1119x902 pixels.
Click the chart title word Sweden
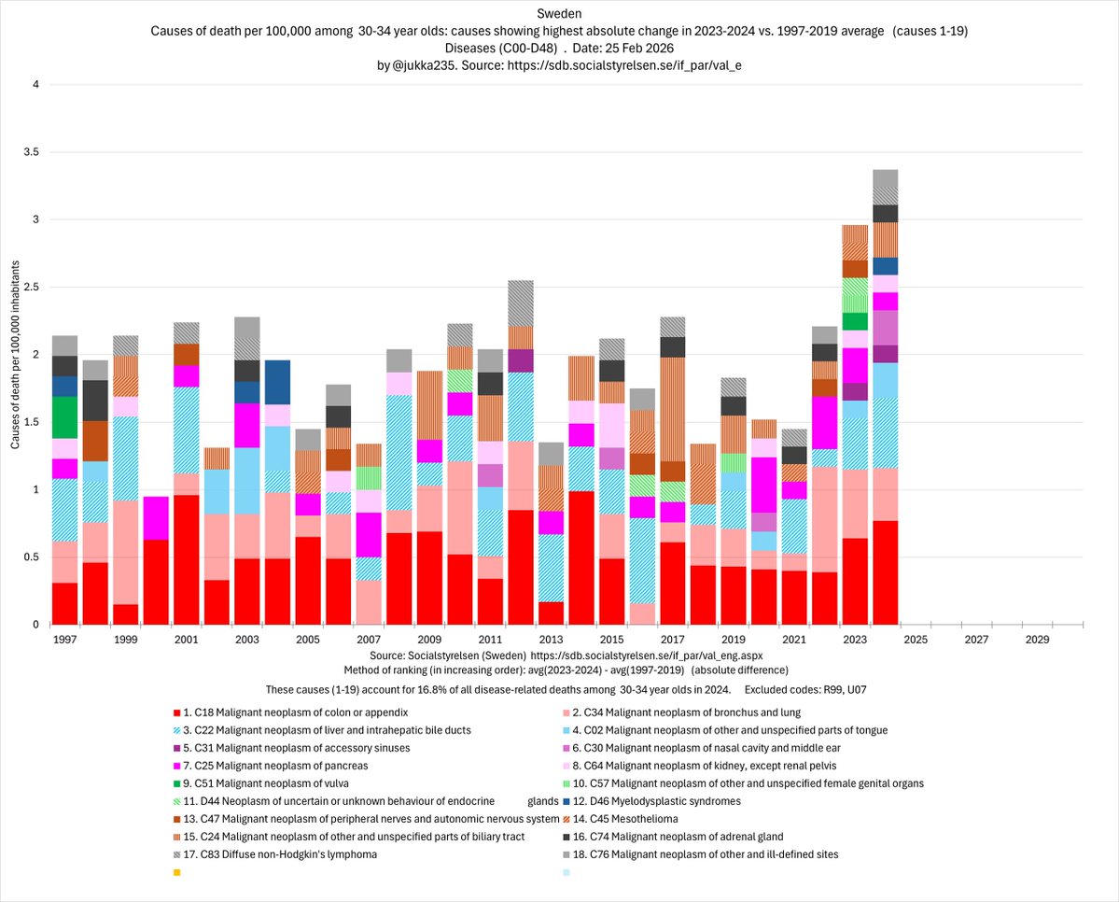coord(558,13)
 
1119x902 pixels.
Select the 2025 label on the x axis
coord(914,641)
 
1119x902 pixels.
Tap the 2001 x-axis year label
coord(187,641)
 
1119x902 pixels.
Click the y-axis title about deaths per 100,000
coord(16,355)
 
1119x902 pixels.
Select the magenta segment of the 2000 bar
coord(156,517)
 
